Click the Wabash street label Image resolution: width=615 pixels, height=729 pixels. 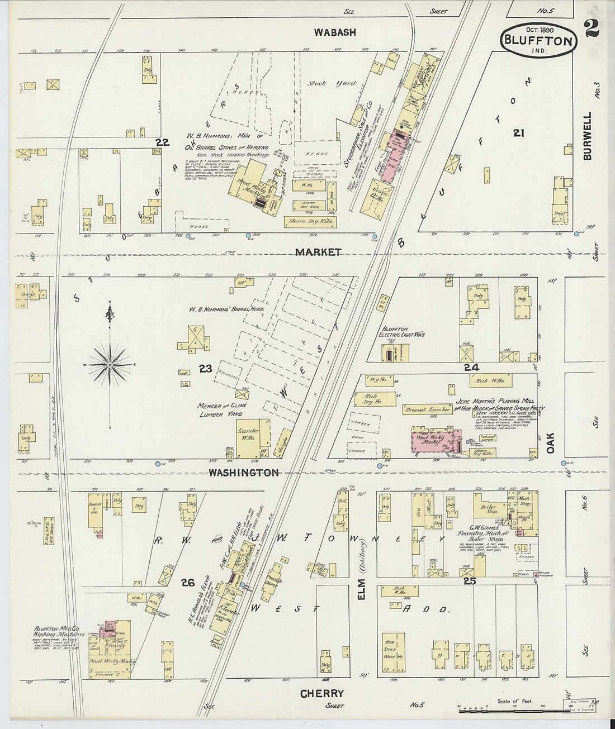coord(334,32)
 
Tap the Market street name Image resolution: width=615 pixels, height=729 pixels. coord(318,252)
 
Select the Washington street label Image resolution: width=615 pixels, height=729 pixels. coord(243,473)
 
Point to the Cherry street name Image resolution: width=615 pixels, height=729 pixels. coord(321,693)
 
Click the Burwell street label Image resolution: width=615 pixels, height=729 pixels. coord(587,136)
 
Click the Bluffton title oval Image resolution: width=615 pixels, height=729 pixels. coord(538,40)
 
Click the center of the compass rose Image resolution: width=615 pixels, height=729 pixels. coord(110,365)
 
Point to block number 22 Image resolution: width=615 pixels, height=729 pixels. coord(162,142)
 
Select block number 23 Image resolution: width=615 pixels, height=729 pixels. coord(205,369)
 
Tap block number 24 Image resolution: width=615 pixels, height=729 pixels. coord(471,368)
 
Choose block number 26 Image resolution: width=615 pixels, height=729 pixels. coord(187,583)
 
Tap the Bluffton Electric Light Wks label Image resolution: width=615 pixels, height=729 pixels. coord(403,332)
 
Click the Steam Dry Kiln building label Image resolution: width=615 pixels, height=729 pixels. coord(309,222)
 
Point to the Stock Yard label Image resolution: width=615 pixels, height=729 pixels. coord(331,83)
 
